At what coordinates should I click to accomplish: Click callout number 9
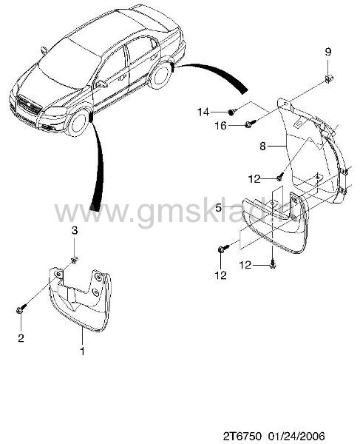(327, 52)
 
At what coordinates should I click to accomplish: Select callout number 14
(203, 112)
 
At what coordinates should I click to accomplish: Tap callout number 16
(221, 126)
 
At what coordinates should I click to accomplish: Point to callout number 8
(262, 147)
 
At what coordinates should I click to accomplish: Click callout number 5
(218, 208)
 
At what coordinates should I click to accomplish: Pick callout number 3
(74, 230)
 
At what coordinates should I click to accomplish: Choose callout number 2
(21, 338)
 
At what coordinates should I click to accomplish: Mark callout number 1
(82, 351)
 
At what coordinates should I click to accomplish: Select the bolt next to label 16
(251, 124)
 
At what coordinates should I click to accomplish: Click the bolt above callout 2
(21, 309)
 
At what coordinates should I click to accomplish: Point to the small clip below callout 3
(75, 260)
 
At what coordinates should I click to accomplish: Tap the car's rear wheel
(160, 75)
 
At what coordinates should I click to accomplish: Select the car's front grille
(28, 105)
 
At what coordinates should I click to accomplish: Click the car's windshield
(69, 63)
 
